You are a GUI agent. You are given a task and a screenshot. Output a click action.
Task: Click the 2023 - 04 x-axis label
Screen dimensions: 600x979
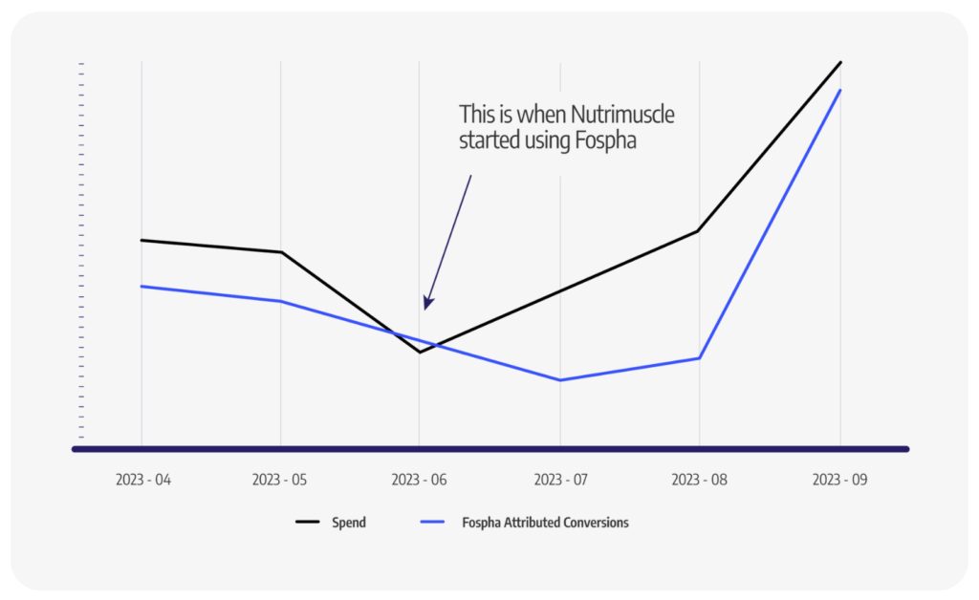pos(143,480)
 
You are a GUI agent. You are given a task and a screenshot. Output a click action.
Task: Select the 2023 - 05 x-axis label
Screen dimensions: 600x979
pos(280,480)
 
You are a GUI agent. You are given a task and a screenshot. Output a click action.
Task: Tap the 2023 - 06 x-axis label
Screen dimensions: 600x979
pos(420,480)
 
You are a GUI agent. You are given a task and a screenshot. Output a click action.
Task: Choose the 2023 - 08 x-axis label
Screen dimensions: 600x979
pos(699,480)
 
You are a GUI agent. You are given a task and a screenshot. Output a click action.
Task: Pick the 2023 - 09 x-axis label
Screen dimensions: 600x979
pos(839,480)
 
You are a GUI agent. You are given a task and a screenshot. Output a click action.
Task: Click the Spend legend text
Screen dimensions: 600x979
pos(349,523)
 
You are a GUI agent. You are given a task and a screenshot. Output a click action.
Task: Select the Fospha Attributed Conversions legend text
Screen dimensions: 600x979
pos(545,523)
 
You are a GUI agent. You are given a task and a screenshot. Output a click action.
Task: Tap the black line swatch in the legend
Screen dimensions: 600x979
pos(307,523)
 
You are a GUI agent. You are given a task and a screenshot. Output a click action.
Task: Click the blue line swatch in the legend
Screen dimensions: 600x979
pos(435,523)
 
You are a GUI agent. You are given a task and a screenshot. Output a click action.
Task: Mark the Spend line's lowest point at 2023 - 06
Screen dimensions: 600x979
pos(420,353)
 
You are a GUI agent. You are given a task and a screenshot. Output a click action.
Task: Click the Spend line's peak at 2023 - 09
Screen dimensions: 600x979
pos(840,62)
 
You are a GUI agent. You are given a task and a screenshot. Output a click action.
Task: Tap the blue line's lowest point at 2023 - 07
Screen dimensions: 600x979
pos(560,380)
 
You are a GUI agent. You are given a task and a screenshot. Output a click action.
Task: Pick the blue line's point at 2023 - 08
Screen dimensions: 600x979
pos(700,358)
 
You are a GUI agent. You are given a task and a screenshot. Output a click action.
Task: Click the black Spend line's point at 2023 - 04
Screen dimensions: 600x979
pos(141,240)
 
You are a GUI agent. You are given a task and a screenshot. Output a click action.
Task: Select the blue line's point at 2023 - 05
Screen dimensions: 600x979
pos(280,301)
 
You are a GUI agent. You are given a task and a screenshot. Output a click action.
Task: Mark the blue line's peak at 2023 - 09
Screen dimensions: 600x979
pos(840,90)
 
